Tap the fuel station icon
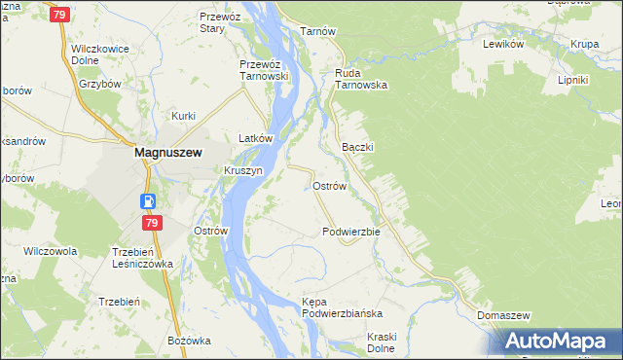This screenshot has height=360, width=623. [147, 201]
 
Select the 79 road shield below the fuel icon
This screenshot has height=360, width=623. [151, 223]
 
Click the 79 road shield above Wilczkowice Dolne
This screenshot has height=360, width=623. [60, 15]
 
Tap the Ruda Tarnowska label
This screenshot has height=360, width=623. [361, 78]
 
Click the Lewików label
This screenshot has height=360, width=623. [504, 44]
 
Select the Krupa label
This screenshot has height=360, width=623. [585, 44]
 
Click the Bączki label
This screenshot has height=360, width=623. [358, 146]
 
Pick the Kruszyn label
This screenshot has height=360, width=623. [243, 169]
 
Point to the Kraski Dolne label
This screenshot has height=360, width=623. [367, 342]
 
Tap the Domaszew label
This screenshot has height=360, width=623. [503, 316]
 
